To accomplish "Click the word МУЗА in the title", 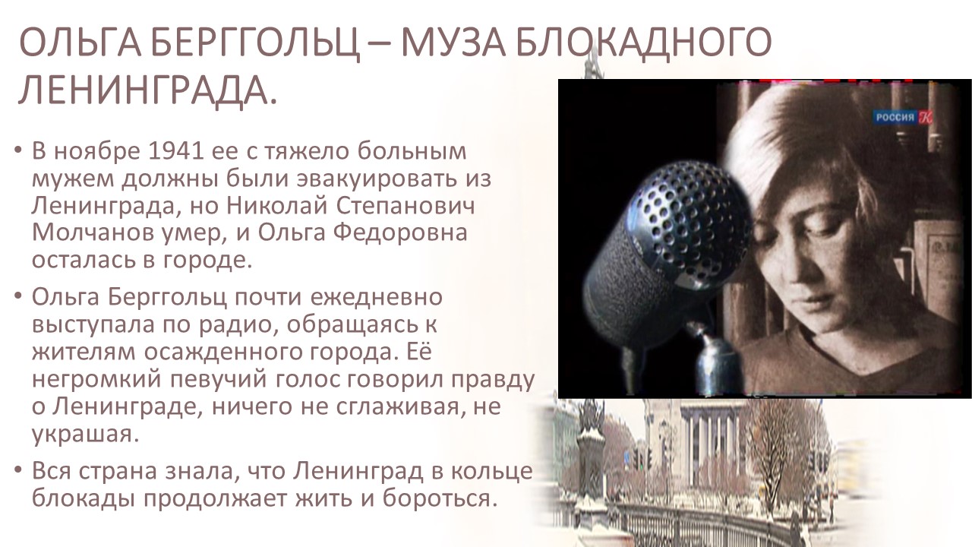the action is coord(453,43).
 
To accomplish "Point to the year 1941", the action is coord(176,151).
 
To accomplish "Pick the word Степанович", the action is coord(406,206).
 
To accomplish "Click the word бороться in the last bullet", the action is coord(440,498).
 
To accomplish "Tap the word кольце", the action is coord(491,472).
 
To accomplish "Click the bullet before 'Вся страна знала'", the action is coord(17,470).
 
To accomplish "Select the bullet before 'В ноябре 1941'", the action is coord(17,150).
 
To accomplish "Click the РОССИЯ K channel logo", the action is coord(904,117).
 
